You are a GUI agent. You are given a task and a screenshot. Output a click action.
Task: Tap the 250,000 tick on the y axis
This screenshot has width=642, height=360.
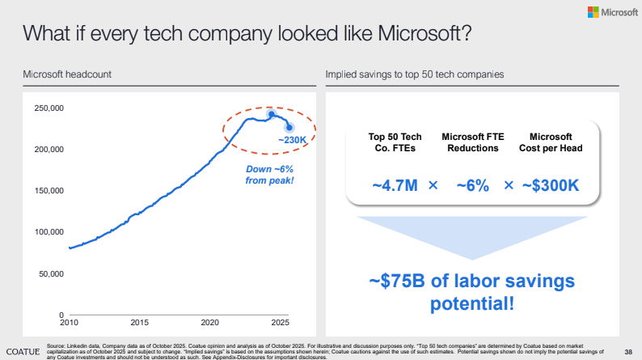48,108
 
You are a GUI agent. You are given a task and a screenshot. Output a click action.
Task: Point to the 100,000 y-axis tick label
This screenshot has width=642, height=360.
48,232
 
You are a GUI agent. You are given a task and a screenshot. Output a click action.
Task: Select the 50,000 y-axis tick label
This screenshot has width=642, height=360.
50,273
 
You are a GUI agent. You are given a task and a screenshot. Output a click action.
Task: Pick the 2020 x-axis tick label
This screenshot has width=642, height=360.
210,323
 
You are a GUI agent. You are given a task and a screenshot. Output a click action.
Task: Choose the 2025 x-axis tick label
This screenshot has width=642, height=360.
281,323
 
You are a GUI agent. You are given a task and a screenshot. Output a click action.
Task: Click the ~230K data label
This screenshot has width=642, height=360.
293,140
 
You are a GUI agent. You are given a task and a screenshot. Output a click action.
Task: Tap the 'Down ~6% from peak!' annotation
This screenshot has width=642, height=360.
269,174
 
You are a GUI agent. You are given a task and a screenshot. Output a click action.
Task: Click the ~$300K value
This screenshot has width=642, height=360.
550,184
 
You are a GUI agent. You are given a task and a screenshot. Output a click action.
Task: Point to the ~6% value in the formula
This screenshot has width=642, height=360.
472,184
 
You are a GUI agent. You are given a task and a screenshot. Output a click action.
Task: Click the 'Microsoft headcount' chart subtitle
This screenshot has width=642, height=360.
67,74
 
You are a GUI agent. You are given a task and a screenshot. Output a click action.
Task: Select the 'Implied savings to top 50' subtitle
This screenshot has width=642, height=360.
415,74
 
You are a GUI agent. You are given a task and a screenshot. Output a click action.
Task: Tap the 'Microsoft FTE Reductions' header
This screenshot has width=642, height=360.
472,142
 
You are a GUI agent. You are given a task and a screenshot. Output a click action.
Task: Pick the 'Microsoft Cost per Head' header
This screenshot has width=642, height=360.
550,142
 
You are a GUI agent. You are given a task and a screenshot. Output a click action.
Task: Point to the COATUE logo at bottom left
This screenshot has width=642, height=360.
20,351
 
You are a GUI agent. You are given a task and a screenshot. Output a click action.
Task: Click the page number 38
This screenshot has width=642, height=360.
628,351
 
